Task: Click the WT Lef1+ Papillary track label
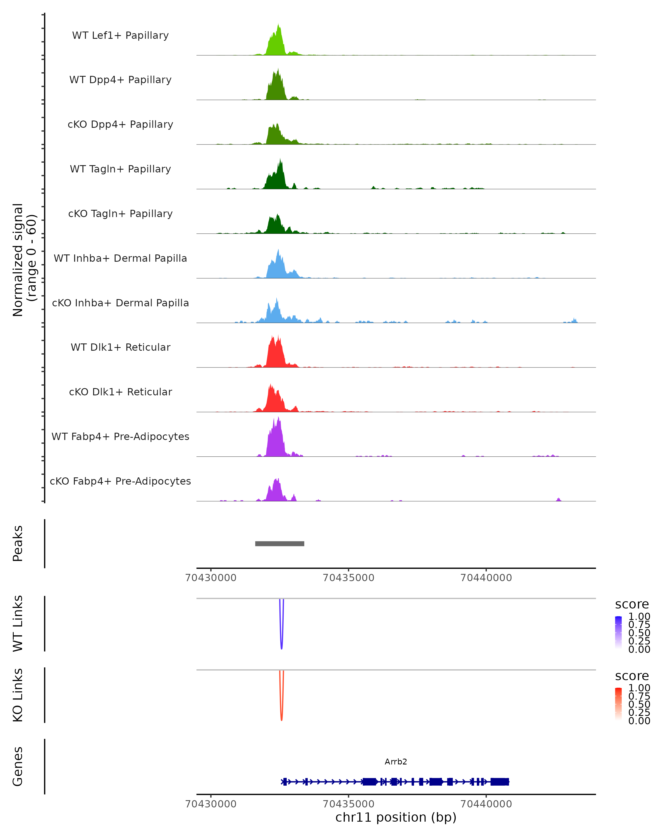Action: coord(120,35)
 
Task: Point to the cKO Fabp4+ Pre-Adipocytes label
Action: coord(120,481)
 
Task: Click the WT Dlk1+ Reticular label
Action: coord(120,347)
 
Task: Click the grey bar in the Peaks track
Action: coord(280,543)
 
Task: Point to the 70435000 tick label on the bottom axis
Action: coord(348,804)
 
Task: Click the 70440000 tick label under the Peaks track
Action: coord(486,578)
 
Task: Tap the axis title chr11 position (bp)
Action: coord(396,817)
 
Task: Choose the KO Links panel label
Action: coord(18,695)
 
